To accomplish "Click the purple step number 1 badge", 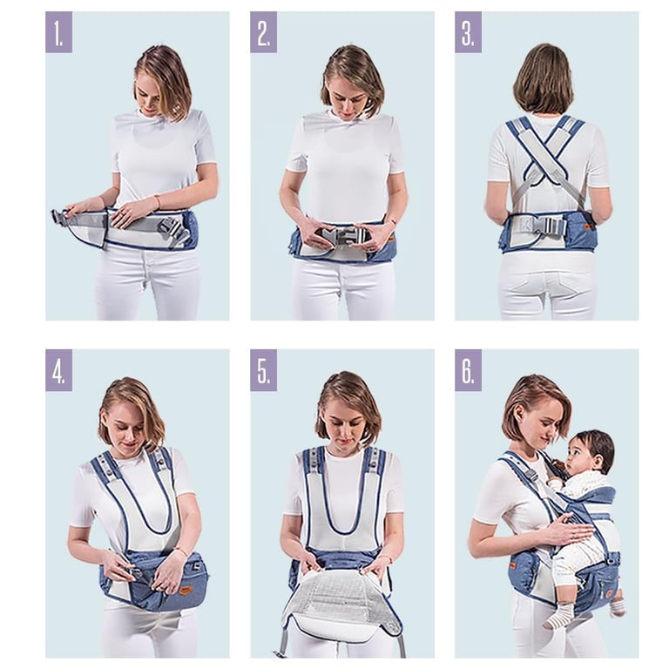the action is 59,32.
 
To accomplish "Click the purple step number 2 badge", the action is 263,32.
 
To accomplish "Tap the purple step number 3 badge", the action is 468,32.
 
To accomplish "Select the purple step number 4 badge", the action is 59,370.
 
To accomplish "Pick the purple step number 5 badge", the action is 263,370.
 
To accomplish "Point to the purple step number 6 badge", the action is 468,370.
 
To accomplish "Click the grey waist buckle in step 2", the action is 341,236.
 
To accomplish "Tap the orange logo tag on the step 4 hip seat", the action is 185,590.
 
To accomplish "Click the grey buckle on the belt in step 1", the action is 173,229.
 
